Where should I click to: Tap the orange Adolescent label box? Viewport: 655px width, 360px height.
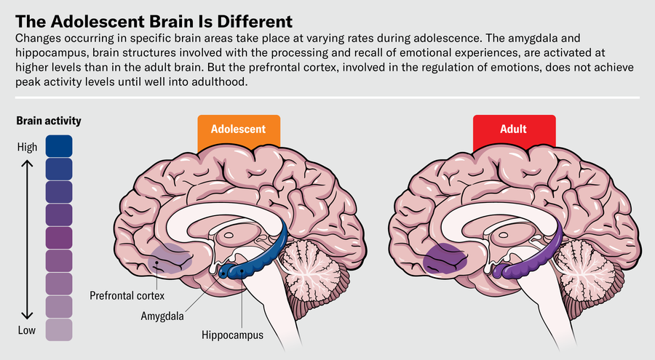point(238,130)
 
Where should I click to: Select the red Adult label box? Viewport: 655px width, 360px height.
point(515,130)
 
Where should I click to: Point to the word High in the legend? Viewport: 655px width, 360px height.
point(27,148)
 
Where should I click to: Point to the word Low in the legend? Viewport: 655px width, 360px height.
point(27,329)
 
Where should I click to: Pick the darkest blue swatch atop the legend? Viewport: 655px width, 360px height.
point(59,145)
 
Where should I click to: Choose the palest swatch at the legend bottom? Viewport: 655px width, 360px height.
point(59,329)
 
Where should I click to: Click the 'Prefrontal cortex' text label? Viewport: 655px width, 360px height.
point(128,296)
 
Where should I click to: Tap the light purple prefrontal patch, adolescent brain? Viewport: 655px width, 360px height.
point(172,259)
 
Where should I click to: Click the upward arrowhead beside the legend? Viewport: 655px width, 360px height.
point(27,165)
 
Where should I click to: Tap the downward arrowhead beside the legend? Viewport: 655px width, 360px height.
point(27,314)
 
